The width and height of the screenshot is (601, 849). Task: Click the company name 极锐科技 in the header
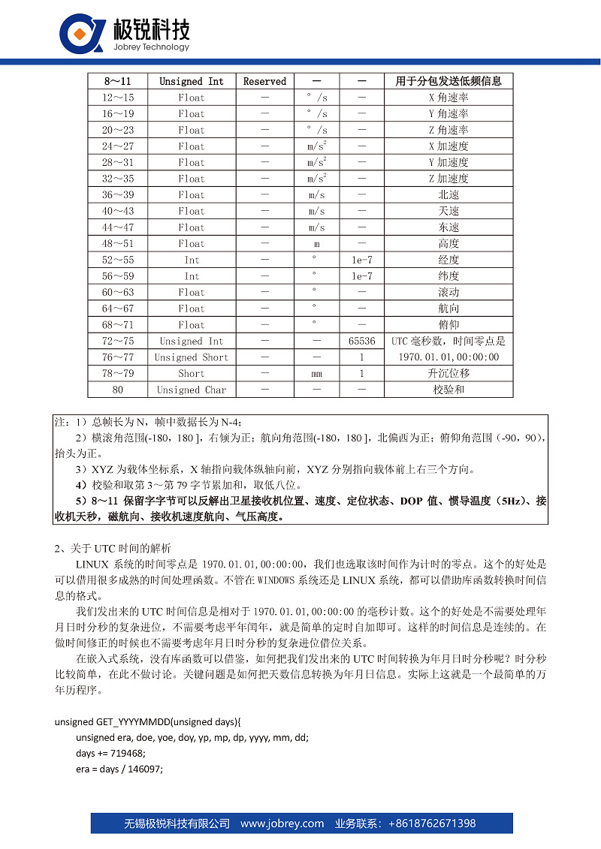pyautogui.click(x=151, y=30)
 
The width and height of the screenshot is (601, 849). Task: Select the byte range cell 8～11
pyautogui.click(x=117, y=81)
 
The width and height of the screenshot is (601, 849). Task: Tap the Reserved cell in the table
pyautogui.click(x=264, y=81)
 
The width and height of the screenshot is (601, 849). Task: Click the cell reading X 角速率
pyautogui.click(x=448, y=98)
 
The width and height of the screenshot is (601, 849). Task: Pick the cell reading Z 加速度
pyautogui.click(x=448, y=179)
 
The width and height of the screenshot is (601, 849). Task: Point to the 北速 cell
pyautogui.click(x=448, y=195)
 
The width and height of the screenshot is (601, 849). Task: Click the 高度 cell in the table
pyautogui.click(x=448, y=244)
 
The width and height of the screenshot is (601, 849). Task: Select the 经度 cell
pyautogui.click(x=448, y=260)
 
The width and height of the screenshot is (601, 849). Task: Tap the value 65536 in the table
pyautogui.click(x=362, y=342)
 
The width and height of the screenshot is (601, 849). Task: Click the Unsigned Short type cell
pyautogui.click(x=191, y=357)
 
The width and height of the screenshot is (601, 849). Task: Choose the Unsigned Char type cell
pyautogui.click(x=191, y=390)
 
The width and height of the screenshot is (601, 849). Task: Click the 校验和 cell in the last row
pyautogui.click(x=448, y=390)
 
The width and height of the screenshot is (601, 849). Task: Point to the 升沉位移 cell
pyautogui.click(x=448, y=374)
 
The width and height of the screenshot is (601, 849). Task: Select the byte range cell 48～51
pyautogui.click(x=117, y=244)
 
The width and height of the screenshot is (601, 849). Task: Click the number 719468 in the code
pyautogui.click(x=125, y=753)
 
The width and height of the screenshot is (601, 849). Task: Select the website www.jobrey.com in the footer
pyautogui.click(x=282, y=823)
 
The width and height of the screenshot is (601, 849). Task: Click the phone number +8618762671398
pyautogui.click(x=431, y=823)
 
